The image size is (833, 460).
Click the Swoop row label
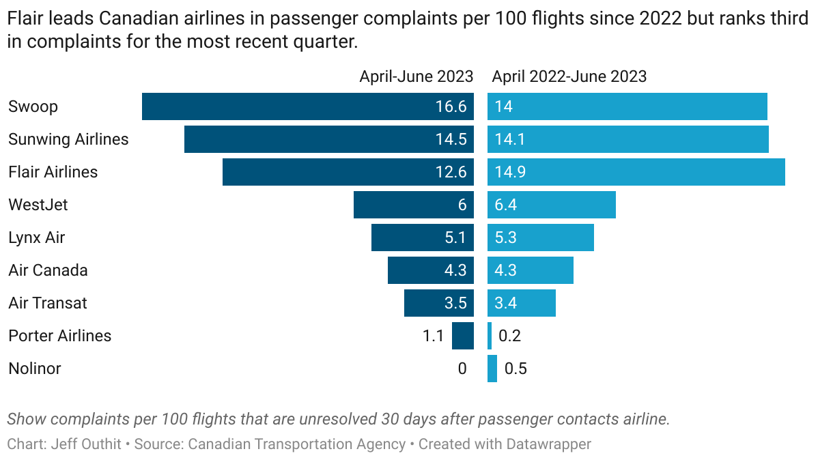point(33,106)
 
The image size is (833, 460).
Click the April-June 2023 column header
point(416,76)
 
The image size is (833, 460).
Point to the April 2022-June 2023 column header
point(569,76)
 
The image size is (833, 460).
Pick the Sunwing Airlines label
point(68,139)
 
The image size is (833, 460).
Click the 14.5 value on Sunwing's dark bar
point(451,139)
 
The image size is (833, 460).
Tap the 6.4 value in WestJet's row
point(506,205)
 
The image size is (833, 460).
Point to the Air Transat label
point(48,303)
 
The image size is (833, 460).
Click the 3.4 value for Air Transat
point(506,303)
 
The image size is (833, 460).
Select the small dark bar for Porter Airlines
point(463,336)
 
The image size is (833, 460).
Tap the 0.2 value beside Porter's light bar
point(510,336)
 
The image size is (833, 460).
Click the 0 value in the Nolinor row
point(462,369)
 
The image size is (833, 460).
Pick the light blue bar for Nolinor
point(492,369)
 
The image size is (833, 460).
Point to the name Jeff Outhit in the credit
point(87,444)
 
